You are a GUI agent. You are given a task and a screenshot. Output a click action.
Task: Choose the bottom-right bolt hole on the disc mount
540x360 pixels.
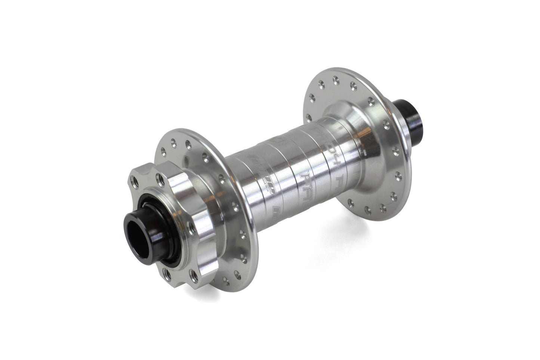click(x=194, y=277)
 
